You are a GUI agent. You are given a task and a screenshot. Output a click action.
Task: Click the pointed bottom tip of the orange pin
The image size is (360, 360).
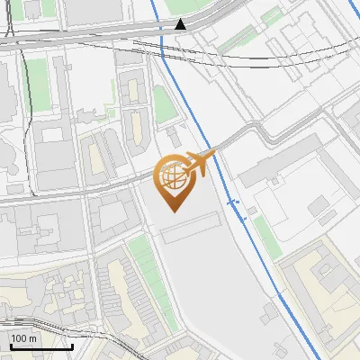coord(174,211)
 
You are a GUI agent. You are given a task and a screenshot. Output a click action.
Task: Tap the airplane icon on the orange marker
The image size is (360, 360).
coord(200,163)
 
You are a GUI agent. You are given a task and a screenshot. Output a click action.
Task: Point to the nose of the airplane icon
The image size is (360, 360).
coord(215,155)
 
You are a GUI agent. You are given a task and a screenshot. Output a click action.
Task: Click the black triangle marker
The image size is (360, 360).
coord(182,24)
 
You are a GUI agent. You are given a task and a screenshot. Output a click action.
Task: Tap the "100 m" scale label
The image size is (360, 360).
coord(24,338)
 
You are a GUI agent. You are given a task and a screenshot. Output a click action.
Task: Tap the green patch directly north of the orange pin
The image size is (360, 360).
coord(163,103)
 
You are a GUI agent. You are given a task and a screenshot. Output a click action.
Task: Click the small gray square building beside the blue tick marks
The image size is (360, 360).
coord(253,210)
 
